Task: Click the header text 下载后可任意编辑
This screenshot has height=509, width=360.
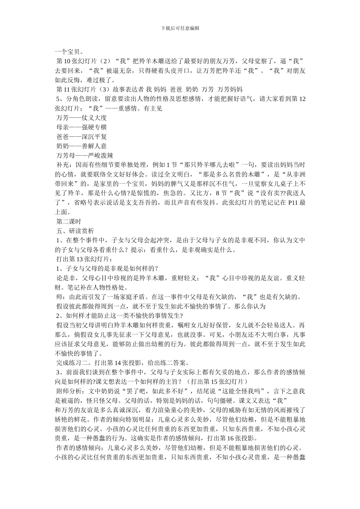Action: (180, 28)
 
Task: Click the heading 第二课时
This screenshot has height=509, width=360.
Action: (69, 222)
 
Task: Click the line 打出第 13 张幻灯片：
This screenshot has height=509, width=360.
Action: (84, 259)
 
